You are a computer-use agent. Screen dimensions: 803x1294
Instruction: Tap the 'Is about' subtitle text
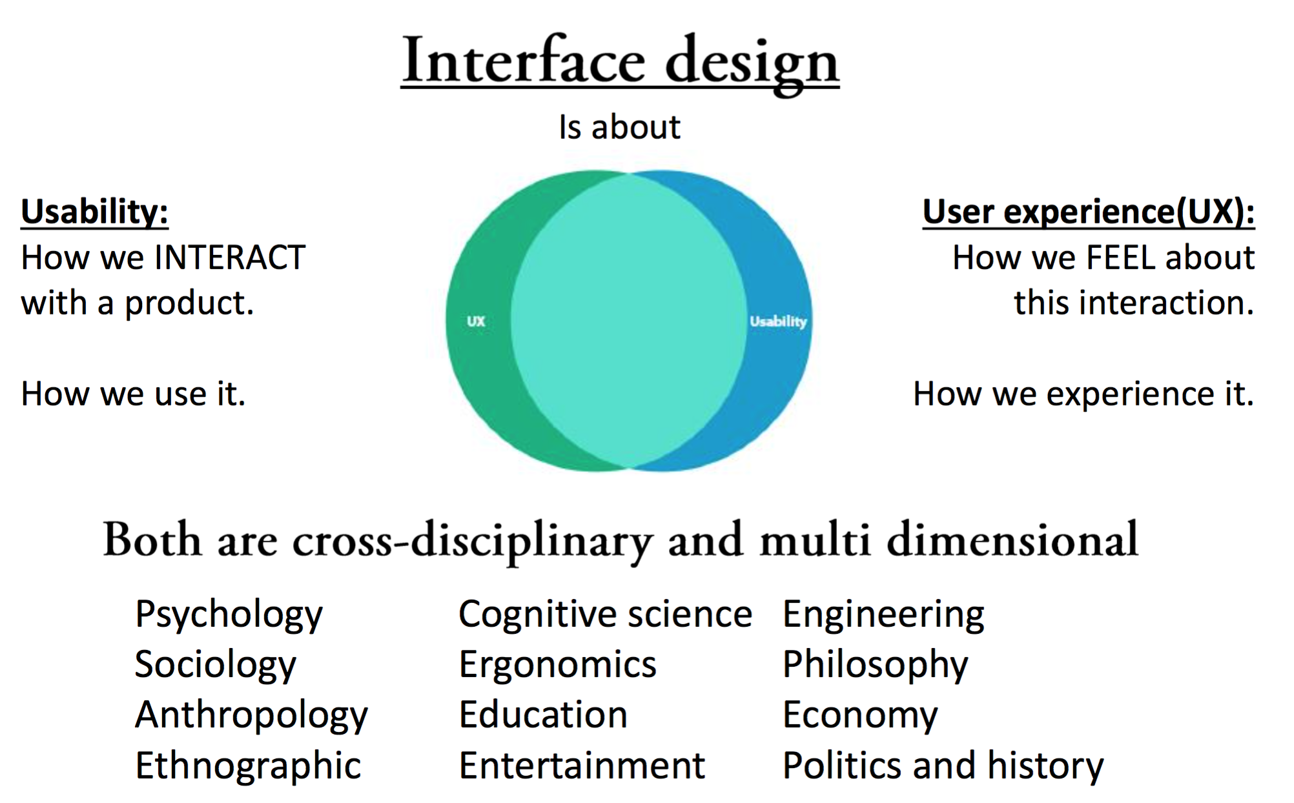pyautogui.click(x=619, y=127)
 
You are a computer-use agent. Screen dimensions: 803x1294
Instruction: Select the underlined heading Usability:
pyautogui.click(x=94, y=212)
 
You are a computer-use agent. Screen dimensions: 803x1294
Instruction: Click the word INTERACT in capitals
pyautogui.click(x=230, y=258)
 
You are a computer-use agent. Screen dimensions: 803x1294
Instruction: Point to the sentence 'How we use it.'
pyautogui.click(x=133, y=394)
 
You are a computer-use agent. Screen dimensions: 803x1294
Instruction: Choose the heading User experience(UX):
pyautogui.click(x=1088, y=212)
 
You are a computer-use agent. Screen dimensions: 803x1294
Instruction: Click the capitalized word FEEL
pyautogui.click(x=1121, y=258)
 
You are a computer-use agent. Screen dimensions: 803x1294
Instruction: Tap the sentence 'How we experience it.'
pyautogui.click(x=1083, y=394)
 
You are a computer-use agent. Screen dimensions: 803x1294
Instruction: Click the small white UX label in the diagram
pyautogui.click(x=476, y=321)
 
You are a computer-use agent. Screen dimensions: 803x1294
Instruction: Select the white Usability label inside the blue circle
pyautogui.click(x=778, y=321)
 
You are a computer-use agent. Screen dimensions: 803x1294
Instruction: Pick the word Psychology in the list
pyautogui.click(x=229, y=615)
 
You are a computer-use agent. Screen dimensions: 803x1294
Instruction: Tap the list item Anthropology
pyautogui.click(x=251, y=715)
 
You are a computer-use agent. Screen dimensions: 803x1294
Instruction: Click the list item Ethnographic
pyautogui.click(x=248, y=766)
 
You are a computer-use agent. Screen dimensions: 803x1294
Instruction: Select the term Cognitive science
pyautogui.click(x=605, y=614)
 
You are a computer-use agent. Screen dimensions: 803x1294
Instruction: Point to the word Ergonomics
pyautogui.click(x=557, y=665)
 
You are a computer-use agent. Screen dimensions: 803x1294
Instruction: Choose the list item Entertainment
pyautogui.click(x=582, y=766)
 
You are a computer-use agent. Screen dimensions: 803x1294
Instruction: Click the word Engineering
pyautogui.click(x=883, y=615)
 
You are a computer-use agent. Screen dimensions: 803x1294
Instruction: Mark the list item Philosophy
pyautogui.click(x=875, y=665)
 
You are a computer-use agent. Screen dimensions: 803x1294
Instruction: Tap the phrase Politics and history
pyautogui.click(x=943, y=766)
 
